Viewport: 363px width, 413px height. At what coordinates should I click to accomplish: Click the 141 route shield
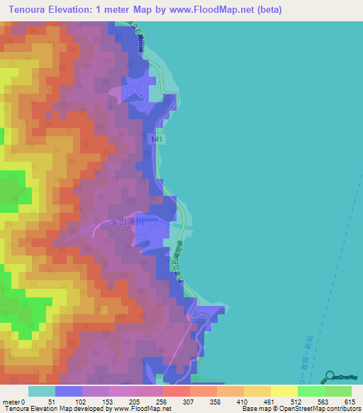(157, 141)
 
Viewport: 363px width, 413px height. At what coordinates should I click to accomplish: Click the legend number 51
(51, 401)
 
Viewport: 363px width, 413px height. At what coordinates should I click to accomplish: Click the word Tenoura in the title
(30, 10)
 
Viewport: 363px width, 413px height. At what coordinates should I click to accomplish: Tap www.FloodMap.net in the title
(208, 10)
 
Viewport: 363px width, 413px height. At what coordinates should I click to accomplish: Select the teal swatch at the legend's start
(42, 391)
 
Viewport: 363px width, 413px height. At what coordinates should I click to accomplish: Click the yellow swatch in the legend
(284, 391)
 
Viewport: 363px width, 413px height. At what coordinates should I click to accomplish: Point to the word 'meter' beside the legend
(11, 401)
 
